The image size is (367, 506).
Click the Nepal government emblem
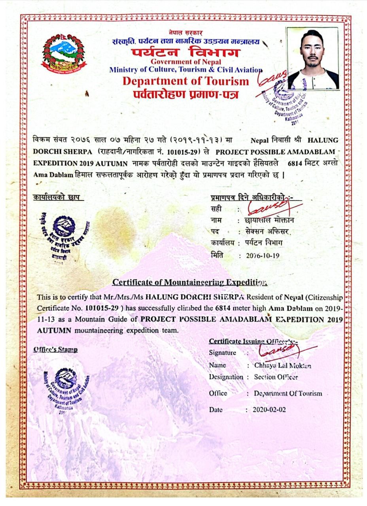pos(64,54)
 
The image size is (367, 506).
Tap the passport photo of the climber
pos(312,58)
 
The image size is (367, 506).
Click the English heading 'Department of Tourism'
pos(185,81)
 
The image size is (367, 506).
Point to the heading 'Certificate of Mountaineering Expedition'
pos(190,282)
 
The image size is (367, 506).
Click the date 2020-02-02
pos(269,410)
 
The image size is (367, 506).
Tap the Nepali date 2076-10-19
pos(263,256)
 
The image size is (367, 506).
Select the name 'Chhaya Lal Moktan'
pos(282,365)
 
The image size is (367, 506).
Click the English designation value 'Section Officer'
pos(276,377)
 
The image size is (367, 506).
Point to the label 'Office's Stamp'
pos(55,349)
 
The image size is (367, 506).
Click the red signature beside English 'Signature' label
pos(283,349)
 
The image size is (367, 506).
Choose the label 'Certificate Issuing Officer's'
pos(253,341)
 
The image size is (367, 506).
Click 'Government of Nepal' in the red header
pos(185,62)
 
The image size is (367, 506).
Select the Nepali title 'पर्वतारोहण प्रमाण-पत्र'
pos(185,94)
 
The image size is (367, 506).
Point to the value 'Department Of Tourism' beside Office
pos(288,393)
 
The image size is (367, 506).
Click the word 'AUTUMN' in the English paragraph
pos(54,330)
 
